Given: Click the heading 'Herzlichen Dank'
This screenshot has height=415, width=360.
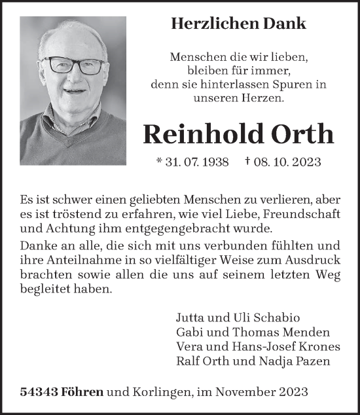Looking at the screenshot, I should click(x=238, y=24).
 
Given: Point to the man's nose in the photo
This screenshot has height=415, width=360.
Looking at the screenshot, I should click(x=76, y=76).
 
